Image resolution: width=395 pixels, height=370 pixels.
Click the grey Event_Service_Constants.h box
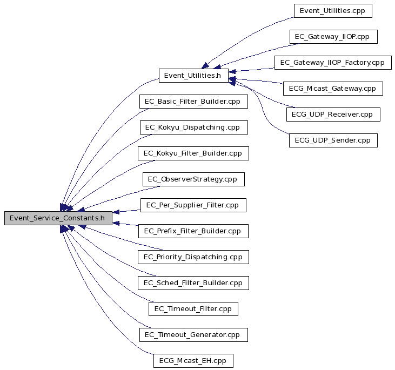(58, 218)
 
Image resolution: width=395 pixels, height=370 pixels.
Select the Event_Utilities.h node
(193, 76)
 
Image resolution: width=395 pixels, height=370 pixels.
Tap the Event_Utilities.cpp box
(333, 11)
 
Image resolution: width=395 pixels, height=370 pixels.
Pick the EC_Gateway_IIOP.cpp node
(333, 37)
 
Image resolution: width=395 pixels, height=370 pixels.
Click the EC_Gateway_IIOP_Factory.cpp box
(333, 63)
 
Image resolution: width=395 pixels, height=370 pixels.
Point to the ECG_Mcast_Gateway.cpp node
(333, 89)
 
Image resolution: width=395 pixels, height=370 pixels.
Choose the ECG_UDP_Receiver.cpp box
(333, 115)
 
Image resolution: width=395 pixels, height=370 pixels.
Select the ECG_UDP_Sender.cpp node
(333, 140)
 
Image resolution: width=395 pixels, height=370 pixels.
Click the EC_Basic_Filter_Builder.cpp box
(193, 102)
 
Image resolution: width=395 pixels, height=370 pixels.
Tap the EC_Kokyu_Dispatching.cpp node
(194, 127)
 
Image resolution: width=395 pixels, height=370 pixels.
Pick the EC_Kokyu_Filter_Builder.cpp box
(193, 153)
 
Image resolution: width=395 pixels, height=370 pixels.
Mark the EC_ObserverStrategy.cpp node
(193, 179)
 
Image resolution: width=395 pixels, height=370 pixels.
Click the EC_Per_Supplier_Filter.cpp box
(193, 205)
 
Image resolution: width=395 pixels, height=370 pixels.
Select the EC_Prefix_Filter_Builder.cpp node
(193, 231)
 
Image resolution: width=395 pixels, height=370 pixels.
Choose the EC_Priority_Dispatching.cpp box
(193, 257)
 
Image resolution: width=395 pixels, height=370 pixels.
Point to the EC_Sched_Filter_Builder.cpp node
(193, 283)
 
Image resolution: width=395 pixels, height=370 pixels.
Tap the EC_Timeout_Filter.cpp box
(193, 309)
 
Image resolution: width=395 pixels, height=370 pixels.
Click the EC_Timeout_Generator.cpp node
(193, 335)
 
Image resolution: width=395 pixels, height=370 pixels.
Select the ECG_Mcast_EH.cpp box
(193, 361)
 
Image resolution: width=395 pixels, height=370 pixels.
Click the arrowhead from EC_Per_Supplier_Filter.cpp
(116, 212)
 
